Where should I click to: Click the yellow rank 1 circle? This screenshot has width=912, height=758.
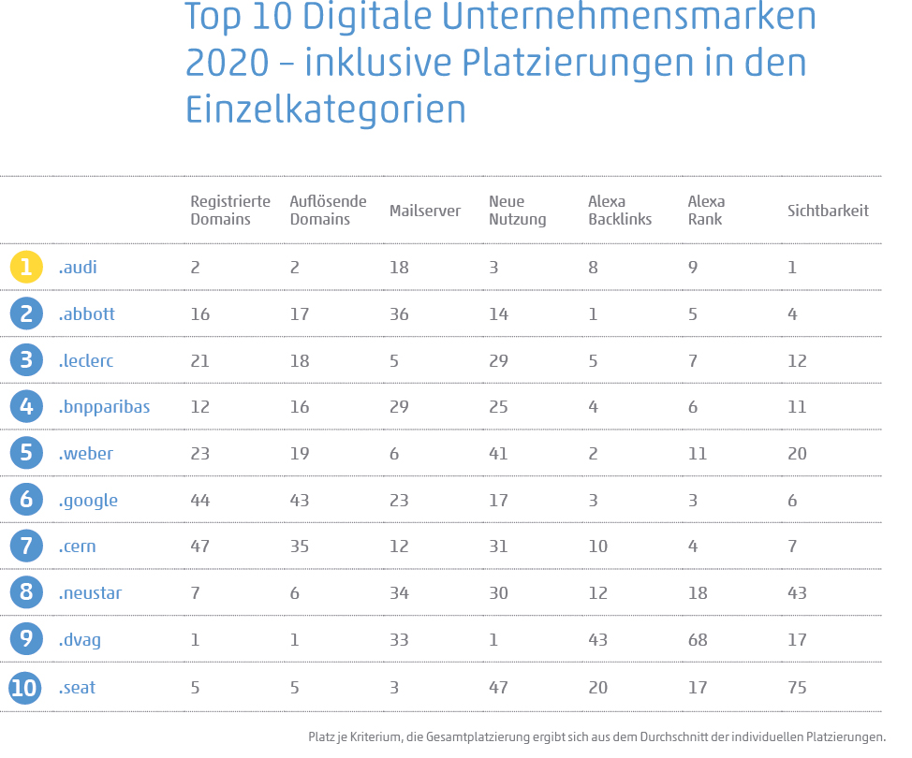(x=26, y=267)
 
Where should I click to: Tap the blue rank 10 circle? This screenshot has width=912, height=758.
(x=26, y=688)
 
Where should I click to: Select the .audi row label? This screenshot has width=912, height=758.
(x=78, y=268)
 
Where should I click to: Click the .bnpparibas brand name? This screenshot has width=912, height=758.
(x=104, y=407)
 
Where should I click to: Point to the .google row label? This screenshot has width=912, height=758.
(x=88, y=501)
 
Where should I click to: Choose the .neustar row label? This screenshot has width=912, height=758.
(x=90, y=593)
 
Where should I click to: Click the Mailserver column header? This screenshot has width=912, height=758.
(x=424, y=211)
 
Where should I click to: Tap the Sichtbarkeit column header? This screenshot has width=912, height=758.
(x=828, y=211)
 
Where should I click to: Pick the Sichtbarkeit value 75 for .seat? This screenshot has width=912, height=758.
(x=797, y=688)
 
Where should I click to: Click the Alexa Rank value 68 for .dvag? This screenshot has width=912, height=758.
(x=698, y=641)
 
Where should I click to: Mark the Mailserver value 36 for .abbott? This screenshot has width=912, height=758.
(x=399, y=314)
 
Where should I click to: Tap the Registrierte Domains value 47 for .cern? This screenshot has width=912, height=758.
(x=200, y=547)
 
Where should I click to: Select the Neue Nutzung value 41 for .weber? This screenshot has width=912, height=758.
(x=498, y=454)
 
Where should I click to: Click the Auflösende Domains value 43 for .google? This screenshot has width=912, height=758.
(x=300, y=501)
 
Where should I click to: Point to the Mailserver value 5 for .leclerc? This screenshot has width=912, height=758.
(x=394, y=361)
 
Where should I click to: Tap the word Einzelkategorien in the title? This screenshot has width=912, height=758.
(x=326, y=109)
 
